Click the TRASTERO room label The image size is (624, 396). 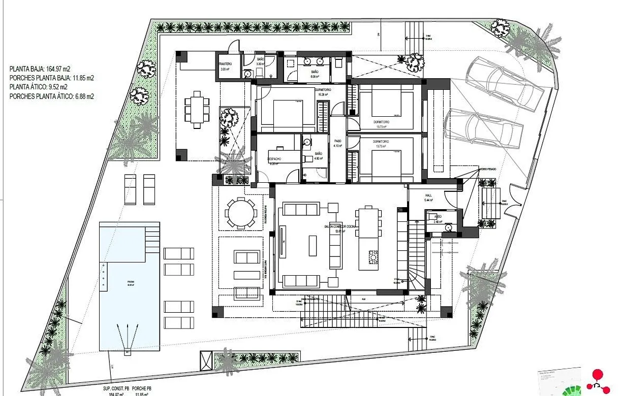click(x=225, y=64)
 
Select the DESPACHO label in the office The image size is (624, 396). click(x=274, y=159)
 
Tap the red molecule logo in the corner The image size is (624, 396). click(x=599, y=380)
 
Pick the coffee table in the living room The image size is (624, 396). click(x=313, y=245)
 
